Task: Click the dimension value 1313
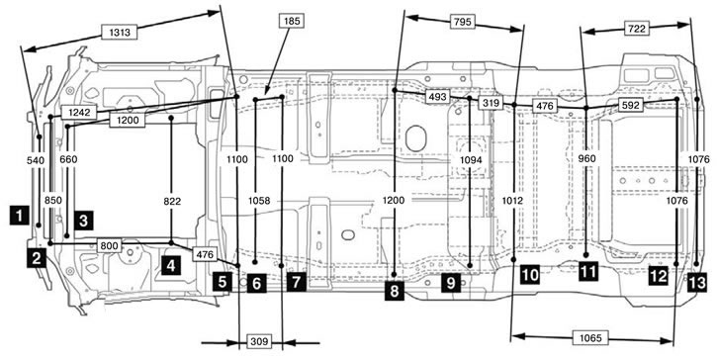pos(120,33)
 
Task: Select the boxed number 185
pos(291,21)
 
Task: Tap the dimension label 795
pos(462,22)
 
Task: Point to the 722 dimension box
pos(637,29)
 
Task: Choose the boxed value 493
pos(437,97)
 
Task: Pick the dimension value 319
pos(491,103)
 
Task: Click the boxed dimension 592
pos(631,105)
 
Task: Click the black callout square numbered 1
pos(19,215)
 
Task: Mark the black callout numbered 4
pos(171,265)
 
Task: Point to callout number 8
pos(395,290)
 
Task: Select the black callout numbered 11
pos(587,271)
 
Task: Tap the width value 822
pos(172,202)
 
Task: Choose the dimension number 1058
pos(259,201)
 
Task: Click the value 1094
pos(471,159)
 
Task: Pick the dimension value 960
pos(587,158)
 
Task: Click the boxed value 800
pos(110,246)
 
